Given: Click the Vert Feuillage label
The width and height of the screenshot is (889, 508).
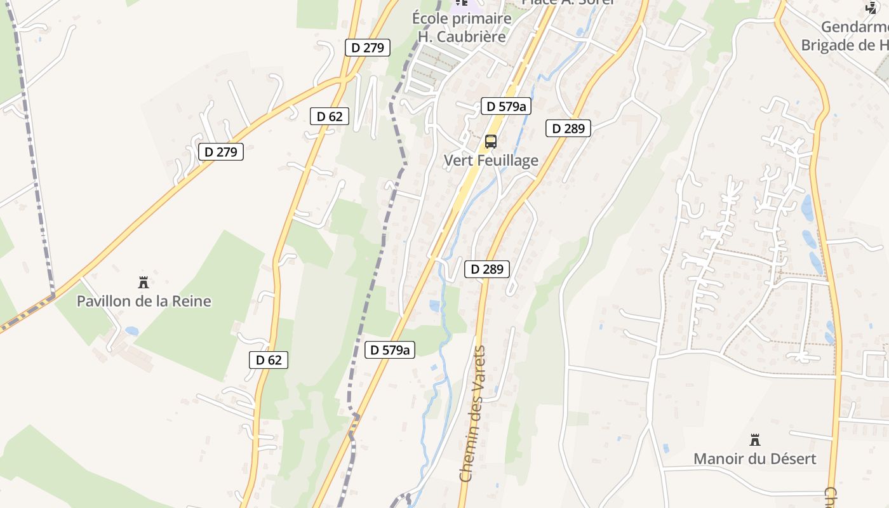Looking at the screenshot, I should tap(491, 161).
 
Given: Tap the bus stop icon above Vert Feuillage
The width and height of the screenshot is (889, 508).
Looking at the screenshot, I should tap(491, 141).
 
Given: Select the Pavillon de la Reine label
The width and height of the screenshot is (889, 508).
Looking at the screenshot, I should tap(144, 301).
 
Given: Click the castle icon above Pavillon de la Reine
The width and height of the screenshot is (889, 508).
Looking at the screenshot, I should tap(144, 282).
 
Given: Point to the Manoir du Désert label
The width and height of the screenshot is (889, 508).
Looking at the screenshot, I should tap(754, 458).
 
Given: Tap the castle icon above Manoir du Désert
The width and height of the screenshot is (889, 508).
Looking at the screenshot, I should tap(755, 439).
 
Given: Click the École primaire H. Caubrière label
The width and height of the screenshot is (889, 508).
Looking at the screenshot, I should tap(462, 27).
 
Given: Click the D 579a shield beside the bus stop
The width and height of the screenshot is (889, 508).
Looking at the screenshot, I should tap(506, 106).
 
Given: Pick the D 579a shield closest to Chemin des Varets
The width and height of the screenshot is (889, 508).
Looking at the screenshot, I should tap(390, 349).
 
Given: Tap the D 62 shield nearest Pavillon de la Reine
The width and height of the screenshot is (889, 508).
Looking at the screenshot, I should tap(268, 360).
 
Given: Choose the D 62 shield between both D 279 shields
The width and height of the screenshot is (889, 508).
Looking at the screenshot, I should tap(330, 116).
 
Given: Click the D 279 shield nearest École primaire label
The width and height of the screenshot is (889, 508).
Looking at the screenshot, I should tap(367, 47).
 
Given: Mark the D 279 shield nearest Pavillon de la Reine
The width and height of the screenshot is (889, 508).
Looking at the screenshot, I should tap(220, 152).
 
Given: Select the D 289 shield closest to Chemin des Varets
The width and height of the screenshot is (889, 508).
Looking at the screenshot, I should tap(487, 269).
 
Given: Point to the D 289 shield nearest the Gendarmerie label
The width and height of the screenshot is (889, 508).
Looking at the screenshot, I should tap(568, 128).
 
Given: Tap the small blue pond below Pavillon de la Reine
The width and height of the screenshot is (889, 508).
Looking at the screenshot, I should tap(131, 331).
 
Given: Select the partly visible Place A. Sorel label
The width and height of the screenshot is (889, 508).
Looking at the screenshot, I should tap(568, 2).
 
